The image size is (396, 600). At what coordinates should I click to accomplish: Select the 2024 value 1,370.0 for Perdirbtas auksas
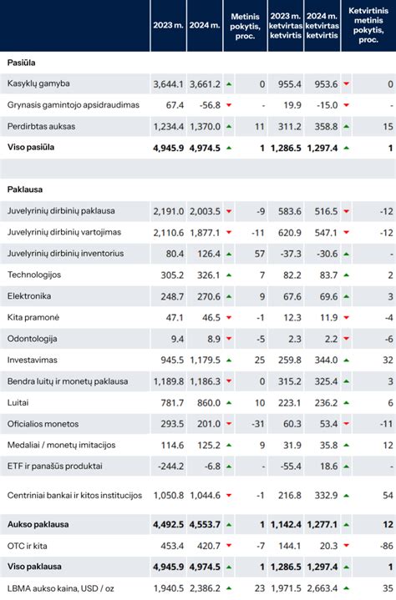(x=204, y=126)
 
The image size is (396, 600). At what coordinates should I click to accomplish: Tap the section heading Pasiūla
(x=21, y=63)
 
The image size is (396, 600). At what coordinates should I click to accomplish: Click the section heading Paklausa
(x=26, y=189)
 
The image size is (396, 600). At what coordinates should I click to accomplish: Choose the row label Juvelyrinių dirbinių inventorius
(x=65, y=253)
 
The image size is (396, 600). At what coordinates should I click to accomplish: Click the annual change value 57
(x=261, y=253)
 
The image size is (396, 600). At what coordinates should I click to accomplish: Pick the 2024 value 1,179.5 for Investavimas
(x=204, y=360)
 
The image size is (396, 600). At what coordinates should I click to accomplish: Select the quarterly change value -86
(x=384, y=547)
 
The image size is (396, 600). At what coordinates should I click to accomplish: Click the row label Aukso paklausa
(x=38, y=525)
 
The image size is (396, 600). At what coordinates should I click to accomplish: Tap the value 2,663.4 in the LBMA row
(x=321, y=588)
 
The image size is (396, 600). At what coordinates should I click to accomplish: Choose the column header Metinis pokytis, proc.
(x=246, y=26)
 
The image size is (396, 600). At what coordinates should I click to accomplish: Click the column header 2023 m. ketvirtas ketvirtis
(x=285, y=26)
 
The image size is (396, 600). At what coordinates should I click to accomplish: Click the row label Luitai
(x=19, y=402)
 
